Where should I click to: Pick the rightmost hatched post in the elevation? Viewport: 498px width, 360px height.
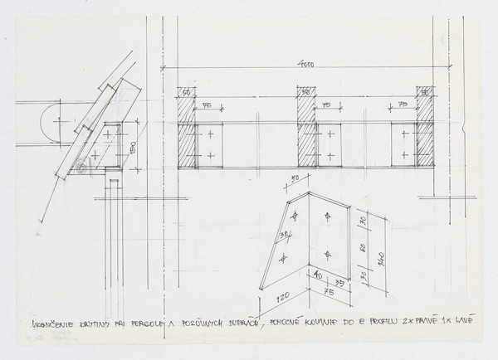pos(426,133)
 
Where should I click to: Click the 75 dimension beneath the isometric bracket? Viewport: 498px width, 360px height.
pos(330,291)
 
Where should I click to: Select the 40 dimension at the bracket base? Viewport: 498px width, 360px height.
pos(318,277)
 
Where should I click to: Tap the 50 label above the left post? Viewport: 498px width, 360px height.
pos(187,91)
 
